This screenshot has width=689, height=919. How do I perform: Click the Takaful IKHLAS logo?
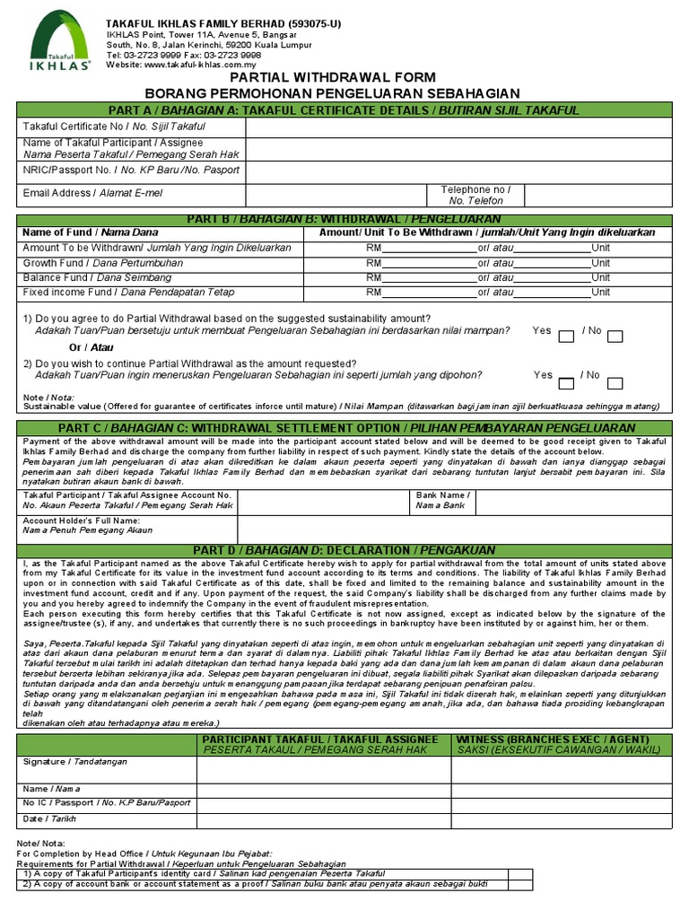(60, 39)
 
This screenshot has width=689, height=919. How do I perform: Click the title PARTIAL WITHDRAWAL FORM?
(344, 78)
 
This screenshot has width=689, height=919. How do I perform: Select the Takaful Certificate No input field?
(458, 127)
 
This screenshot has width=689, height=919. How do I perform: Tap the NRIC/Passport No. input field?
(458, 171)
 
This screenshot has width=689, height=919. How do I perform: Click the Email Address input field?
(332, 194)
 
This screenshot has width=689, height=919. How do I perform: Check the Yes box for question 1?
(566, 337)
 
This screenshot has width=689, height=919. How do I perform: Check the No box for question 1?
(615, 337)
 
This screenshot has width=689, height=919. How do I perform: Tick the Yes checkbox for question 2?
(566, 381)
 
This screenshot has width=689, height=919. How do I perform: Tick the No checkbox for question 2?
(615, 381)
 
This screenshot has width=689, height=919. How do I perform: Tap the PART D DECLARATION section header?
(344, 549)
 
